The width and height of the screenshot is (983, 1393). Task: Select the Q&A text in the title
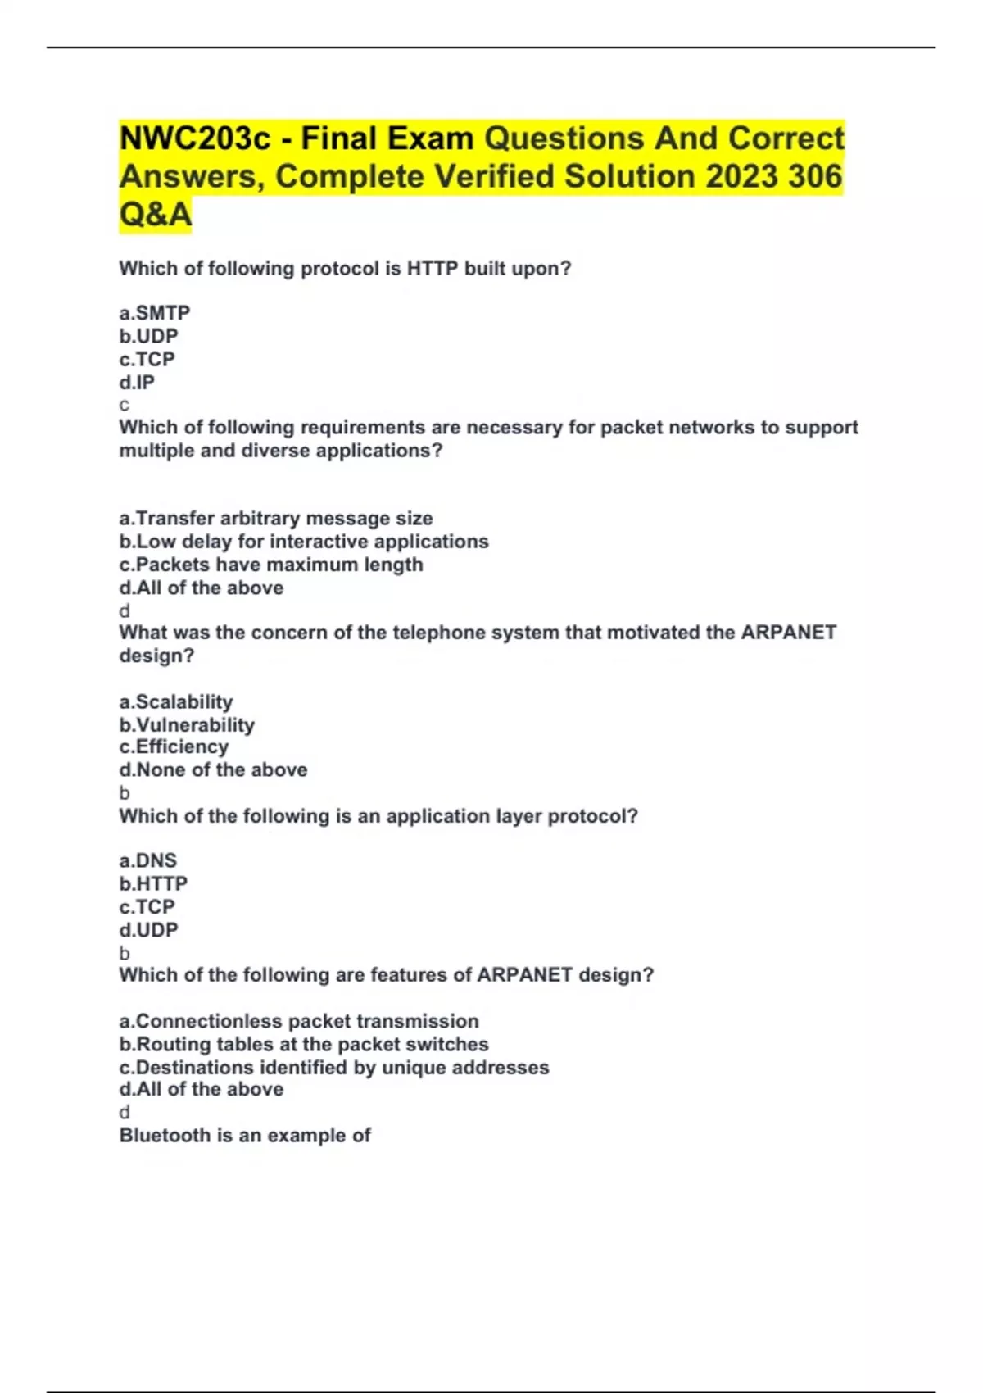pos(156,215)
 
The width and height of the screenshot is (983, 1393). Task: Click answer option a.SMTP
pos(155,313)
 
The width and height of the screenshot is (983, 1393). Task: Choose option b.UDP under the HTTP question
pos(148,336)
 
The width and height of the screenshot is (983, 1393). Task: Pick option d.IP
pos(137,382)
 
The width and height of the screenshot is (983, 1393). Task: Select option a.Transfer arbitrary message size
pos(276,518)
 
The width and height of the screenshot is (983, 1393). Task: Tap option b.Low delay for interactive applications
pos(304,542)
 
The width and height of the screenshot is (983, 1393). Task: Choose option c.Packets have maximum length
pos(271,565)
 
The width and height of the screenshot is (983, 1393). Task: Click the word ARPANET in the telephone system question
pos(789,633)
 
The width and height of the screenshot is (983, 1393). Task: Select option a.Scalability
pos(176,701)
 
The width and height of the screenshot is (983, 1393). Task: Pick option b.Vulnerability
pos(187,724)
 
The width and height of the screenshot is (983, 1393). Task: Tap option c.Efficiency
pos(174,746)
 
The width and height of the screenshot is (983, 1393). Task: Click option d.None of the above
pos(213,769)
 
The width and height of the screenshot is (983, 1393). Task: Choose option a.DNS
pos(148,860)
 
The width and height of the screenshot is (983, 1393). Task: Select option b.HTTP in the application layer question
pos(153,883)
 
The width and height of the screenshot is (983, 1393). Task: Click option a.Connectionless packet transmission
pos(299,1021)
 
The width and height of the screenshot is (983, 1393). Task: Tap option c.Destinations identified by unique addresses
pos(334,1067)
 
